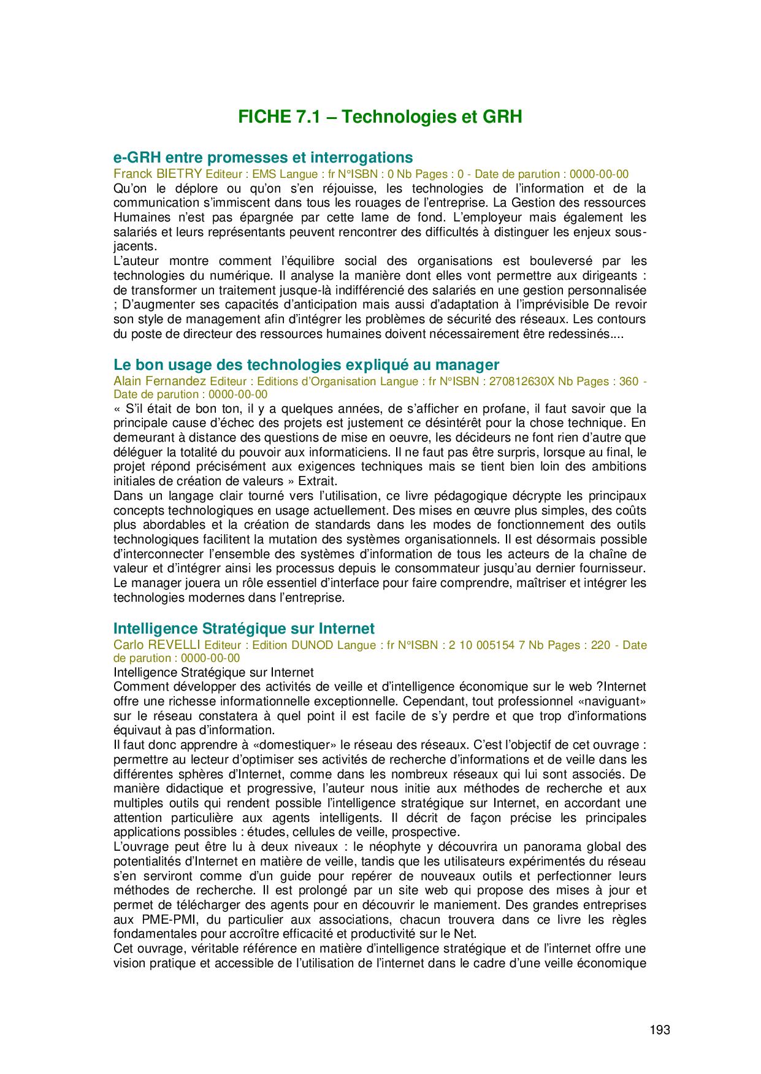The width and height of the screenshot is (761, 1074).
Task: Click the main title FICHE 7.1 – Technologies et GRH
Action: (x=380, y=117)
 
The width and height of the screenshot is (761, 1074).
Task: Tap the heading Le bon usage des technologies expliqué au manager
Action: (x=307, y=365)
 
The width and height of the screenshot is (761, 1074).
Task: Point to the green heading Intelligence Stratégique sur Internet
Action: (x=244, y=629)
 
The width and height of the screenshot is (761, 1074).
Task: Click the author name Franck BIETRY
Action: (x=158, y=174)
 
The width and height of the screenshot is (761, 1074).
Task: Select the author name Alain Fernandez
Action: (x=160, y=382)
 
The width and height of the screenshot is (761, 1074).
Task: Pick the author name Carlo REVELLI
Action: (x=157, y=645)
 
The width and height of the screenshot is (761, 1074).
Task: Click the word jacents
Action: (x=135, y=247)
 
